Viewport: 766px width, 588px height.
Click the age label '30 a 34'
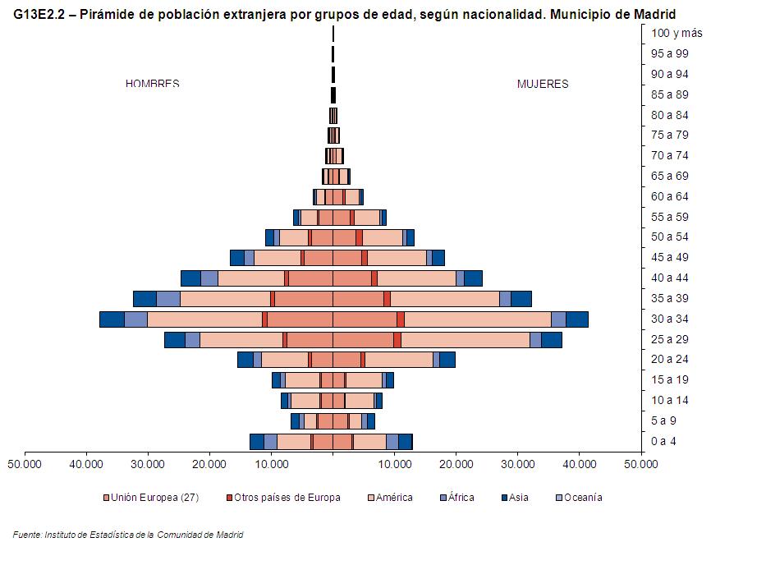670,319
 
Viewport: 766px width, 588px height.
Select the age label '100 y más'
677,33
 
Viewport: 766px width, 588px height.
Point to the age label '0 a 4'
663,442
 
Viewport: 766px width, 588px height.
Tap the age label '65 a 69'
670,177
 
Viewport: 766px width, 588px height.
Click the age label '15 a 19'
670,380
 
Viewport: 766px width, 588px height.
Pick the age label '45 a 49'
670,258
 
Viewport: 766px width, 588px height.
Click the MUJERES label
542,84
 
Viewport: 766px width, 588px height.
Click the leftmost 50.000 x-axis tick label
25,463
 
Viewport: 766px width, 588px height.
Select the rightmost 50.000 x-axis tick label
640,463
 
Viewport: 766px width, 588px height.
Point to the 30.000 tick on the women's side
517,463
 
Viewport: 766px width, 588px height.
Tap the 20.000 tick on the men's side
209,463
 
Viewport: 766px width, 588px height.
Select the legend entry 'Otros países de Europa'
287,498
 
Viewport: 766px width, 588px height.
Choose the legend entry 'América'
393,498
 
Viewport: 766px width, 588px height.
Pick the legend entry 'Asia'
518,498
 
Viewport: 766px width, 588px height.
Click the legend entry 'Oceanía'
582,498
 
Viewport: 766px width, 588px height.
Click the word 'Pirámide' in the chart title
106,14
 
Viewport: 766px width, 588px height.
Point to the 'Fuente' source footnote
128,535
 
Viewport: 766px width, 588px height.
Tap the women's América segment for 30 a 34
477,319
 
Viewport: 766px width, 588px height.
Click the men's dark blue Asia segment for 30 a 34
112,319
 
